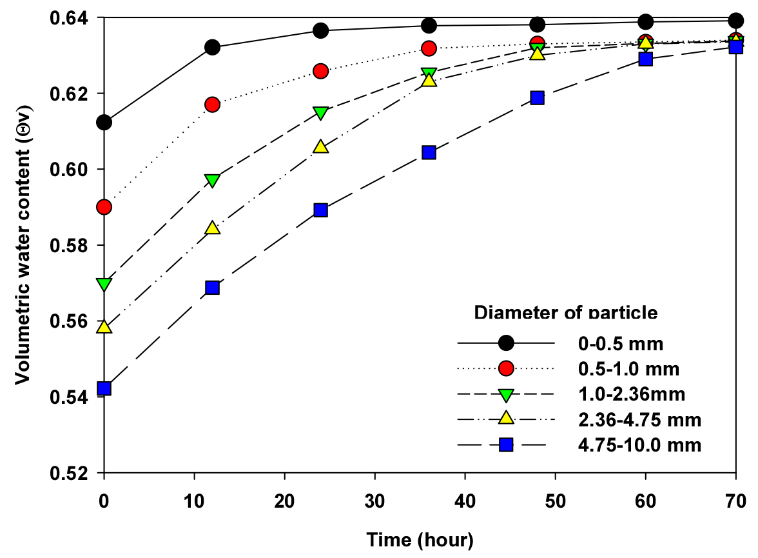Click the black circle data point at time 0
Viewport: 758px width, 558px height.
(104, 122)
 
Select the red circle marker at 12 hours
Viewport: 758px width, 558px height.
(213, 105)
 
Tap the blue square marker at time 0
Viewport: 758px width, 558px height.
(104, 388)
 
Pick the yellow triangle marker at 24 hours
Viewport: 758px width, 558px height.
(321, 147)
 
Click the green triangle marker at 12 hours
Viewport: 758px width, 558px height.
(213, 181)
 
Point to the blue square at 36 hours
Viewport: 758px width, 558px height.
(429, 152)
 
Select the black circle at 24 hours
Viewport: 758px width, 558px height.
(321, 30)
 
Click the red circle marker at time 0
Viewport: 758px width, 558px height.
(104, 207)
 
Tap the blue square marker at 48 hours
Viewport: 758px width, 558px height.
(538, 97)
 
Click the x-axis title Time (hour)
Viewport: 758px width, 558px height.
(420, 539)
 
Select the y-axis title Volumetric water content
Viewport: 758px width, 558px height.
(23, 245)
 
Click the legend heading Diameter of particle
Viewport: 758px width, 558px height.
(566, 313)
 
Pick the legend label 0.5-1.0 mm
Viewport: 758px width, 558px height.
(628, 369)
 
